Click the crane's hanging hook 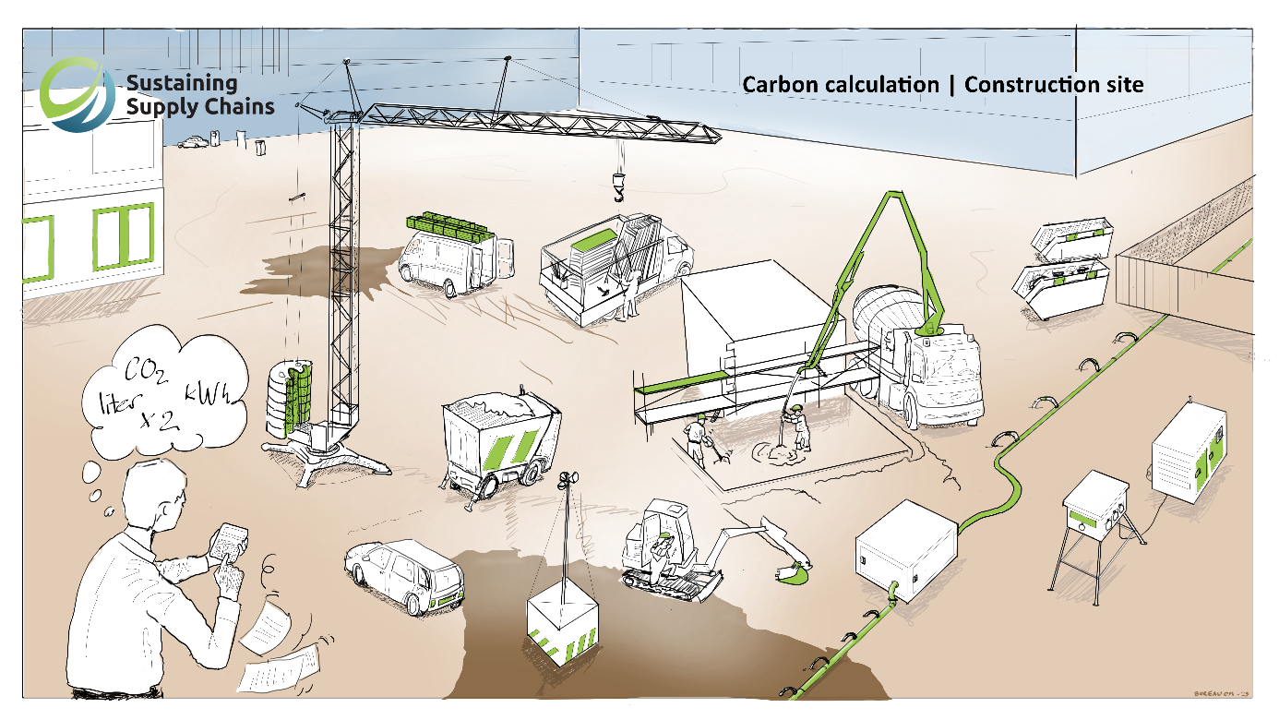(x=618, y=189)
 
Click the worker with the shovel (x=699, y=438)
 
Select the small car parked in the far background (x=193, y=142)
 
